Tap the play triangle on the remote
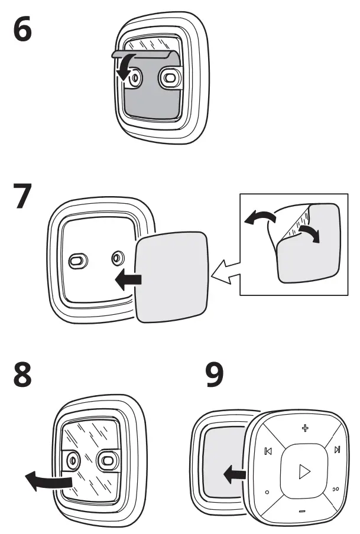pyautogui.click(x=303, y=471)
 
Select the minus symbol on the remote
pyautogui.click(x=302, y=510)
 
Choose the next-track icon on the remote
pyautogui.click(x=337, y=450)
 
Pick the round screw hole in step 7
pyautogui.click(x=116, y=258)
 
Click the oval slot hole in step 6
pyautogui.click(x=170, y=77)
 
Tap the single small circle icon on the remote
pyautogui.click(x=267, y=491)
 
